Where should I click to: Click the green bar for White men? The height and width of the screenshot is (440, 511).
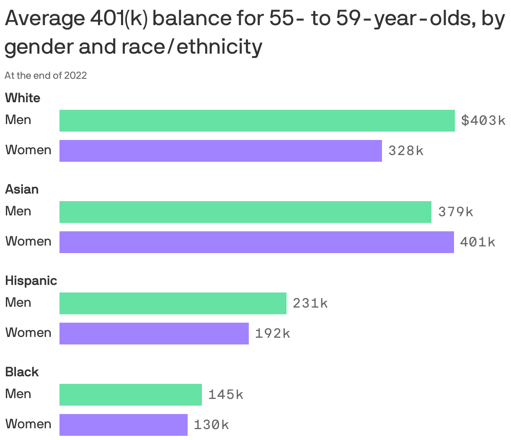257,121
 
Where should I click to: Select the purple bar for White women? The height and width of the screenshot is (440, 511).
220,151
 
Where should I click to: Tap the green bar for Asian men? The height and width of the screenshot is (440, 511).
245,212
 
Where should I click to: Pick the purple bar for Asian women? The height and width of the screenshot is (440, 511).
256,242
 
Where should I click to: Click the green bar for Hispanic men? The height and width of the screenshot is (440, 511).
173,303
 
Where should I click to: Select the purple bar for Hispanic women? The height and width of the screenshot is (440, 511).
154,334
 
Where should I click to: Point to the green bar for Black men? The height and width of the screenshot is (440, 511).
130,395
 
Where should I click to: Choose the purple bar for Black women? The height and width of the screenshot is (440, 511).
123,425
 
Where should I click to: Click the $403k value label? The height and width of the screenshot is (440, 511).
483,121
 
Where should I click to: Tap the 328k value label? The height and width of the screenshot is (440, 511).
406,151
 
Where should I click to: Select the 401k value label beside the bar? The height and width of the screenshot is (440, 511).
477,242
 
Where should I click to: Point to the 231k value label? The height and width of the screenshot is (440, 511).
310,303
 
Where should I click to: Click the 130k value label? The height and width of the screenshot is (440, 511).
211,425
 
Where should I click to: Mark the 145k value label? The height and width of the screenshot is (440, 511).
225,395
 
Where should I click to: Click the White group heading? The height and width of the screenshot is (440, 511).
23,98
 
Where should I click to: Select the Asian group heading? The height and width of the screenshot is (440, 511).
22,189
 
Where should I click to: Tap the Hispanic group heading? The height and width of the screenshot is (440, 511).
31,281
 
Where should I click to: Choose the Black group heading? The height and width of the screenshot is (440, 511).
22,372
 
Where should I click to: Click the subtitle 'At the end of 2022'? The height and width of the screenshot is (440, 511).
46,75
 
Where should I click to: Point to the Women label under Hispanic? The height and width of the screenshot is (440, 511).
28,333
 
